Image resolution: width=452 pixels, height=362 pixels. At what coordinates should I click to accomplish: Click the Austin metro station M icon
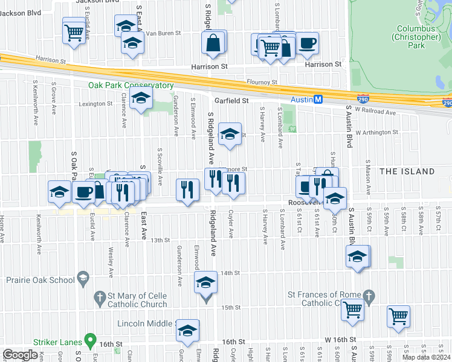click(x=318, y=100)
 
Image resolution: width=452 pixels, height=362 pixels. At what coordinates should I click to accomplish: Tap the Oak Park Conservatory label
click(x=131, y=85)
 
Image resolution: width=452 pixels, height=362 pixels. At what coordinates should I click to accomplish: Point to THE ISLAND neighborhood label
click(x=407, y=171)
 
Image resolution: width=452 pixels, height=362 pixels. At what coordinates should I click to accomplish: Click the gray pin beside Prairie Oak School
click(x=83, y=279)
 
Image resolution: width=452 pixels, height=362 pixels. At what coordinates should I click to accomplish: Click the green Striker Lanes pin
click(x=90, y=341)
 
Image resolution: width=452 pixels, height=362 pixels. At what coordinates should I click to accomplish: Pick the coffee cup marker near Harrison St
click(x=306, y=43)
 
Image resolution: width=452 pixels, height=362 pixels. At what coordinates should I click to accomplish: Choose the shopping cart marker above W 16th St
click(x=398, y=316)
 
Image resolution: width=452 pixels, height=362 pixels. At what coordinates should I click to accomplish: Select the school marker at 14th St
click(x=205, y=282)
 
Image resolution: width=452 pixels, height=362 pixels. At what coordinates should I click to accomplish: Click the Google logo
click(x=20, y=355)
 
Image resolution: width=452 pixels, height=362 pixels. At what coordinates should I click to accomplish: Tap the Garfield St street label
click(x=232, y=100)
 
